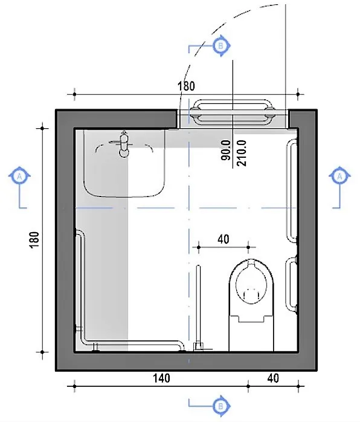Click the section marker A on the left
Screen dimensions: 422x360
[x=20, y=175]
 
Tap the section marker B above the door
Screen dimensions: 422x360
[x=220, y=45]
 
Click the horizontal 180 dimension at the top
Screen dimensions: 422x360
[x=186, y=86]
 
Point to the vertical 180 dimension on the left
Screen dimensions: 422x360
[x=34, y=239]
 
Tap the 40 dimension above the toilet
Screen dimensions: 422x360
[x=222, y=239]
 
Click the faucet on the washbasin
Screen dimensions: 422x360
[x=124, y=143]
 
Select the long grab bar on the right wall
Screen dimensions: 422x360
[x=293, y=190]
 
